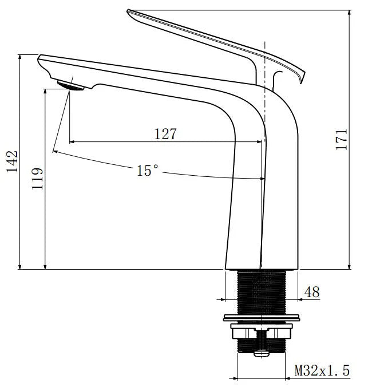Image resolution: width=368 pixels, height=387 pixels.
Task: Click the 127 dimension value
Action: (x=165, y=134)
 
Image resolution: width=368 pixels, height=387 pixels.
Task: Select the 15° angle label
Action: (x=147, y=170)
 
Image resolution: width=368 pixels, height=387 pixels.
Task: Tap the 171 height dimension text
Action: (x=342, y=139)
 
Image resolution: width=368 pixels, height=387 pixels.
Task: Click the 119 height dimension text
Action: (x=38, y=179)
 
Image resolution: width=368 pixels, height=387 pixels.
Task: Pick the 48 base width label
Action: (x=311, y=292)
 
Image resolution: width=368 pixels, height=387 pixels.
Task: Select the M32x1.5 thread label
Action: (x=322, y=370)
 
